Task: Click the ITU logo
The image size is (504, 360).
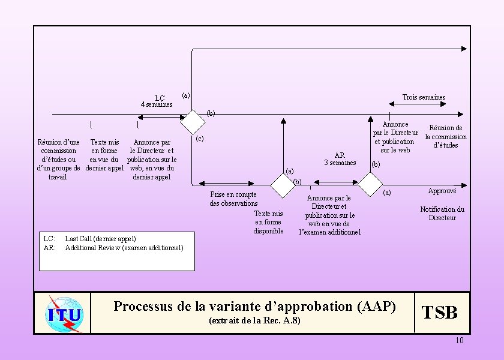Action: click(63, 313)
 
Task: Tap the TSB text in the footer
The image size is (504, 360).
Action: click(440, 313)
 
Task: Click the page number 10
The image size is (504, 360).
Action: click(460, 341)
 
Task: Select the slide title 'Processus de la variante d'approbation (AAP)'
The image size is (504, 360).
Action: click(255, 306)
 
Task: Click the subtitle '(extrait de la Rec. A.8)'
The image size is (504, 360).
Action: click(254, 321)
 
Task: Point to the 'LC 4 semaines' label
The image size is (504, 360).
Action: click(157, 101)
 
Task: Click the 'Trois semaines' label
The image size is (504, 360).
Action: click(424, 97)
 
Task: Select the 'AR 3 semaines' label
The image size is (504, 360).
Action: click(340, 158)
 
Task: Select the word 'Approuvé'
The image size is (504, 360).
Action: click(442, 191)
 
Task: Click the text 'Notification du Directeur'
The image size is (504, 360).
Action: click(442, 214)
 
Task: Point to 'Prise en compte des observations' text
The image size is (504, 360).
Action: click(233, 199)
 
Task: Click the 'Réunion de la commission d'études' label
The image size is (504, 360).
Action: click(446, 136)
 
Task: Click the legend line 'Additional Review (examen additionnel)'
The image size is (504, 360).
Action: click(124, 247)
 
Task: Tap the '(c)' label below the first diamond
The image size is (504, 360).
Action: click(200, 139)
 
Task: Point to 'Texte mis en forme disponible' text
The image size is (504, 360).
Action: click(268, 222)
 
